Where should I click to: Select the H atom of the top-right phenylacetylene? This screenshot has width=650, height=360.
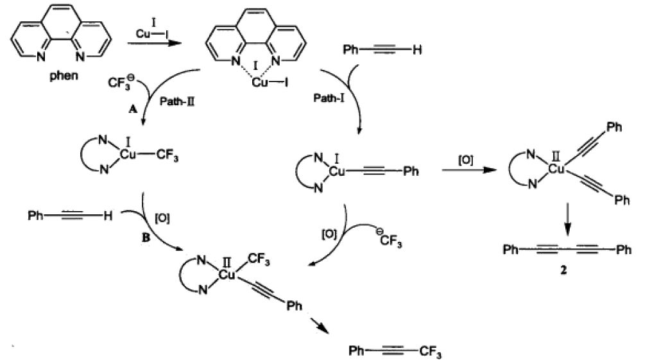[417, 50]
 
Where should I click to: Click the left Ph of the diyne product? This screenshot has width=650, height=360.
[511, 249]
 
